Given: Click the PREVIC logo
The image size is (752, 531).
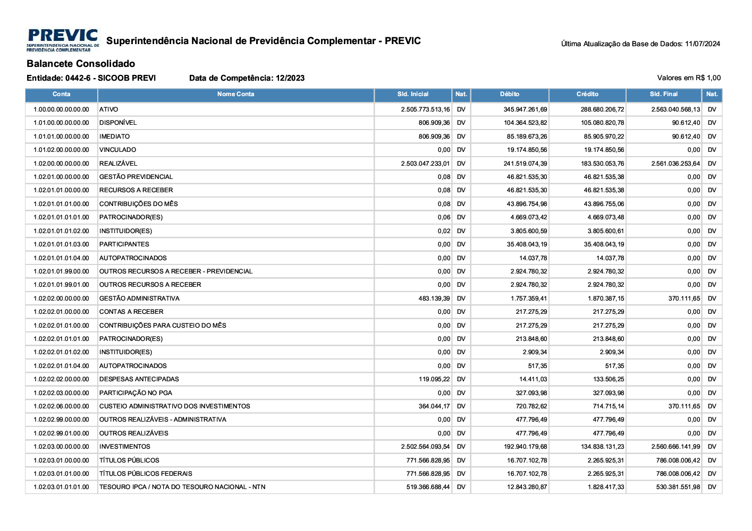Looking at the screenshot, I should point(63,40).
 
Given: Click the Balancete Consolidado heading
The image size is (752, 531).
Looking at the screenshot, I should point(81,64).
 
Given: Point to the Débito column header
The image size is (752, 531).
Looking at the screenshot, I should point(509,95).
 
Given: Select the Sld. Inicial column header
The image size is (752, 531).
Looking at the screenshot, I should point(412,95).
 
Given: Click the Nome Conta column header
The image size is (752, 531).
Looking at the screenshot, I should point(235,95).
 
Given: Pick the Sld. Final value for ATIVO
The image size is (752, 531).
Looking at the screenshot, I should point(675,109).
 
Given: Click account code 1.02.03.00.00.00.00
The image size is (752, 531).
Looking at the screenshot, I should point(61,447).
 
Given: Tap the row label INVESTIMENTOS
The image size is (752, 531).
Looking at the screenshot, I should point(125,447).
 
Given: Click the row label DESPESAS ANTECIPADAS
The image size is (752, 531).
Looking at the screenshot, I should point(139,379).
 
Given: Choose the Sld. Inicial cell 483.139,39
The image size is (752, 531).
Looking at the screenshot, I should point(434,298).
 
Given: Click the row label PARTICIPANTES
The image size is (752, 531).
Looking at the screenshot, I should point(124,244).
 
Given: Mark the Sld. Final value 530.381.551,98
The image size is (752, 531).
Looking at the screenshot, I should point(678,487).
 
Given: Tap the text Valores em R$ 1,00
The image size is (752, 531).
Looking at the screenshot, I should point(689,78).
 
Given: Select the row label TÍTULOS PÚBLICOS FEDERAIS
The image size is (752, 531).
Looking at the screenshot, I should point(146,474).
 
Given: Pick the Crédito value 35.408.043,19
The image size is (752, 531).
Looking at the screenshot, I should point(604,244).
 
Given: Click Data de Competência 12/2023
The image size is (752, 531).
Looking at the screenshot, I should point(247,78).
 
